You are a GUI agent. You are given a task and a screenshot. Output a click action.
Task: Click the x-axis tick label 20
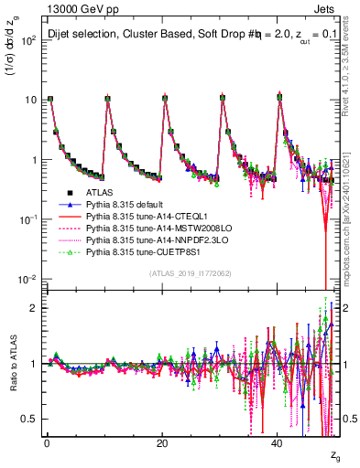[161, 441]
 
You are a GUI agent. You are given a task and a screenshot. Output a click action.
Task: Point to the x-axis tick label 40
[277, 441]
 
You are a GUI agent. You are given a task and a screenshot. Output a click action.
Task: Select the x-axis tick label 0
[47, 441]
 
